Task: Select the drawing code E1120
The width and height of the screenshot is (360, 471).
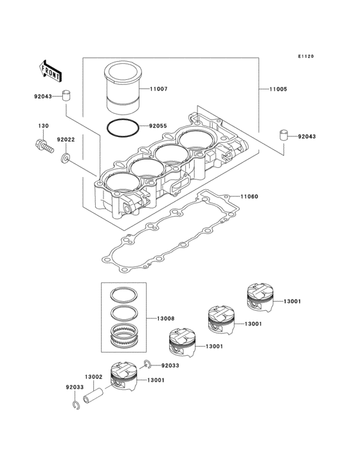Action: click(x=305, y=57)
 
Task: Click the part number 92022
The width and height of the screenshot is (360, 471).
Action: click(x=66, y=139)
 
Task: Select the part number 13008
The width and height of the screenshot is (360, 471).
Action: click(x=166, y=318)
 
